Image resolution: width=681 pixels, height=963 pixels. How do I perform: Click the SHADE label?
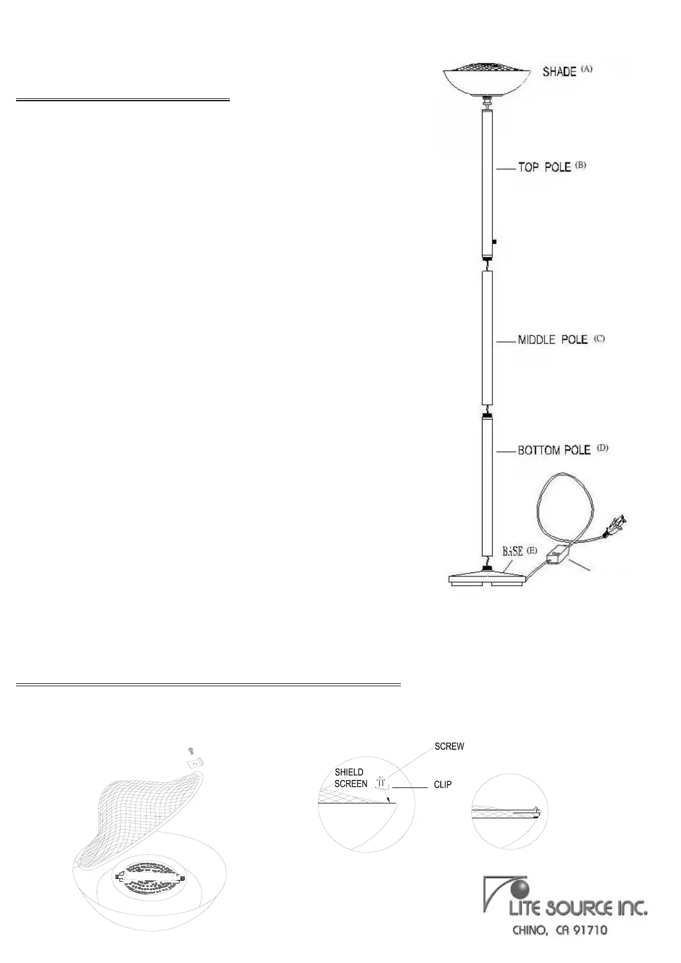pos(559,72)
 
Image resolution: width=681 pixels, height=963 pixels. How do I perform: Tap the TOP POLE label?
pos(544,168)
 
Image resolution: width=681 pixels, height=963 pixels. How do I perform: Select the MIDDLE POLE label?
pos(552,340)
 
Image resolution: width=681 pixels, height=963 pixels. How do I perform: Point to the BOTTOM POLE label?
pos(553,450)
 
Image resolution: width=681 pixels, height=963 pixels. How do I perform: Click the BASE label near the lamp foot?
pos(513,551)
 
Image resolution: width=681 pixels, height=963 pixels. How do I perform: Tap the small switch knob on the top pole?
pos(495,242)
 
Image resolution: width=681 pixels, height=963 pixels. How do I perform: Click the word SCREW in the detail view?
pos(449,746)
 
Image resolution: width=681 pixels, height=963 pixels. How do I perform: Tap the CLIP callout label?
pos(443,785)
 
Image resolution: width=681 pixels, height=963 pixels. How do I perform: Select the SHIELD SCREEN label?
pos(351,778)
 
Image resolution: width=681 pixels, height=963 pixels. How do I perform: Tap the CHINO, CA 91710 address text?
pos(559,930)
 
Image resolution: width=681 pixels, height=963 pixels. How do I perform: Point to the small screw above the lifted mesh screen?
pos(191,749)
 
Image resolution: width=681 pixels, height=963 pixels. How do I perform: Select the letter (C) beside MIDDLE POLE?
pos(599,338)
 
